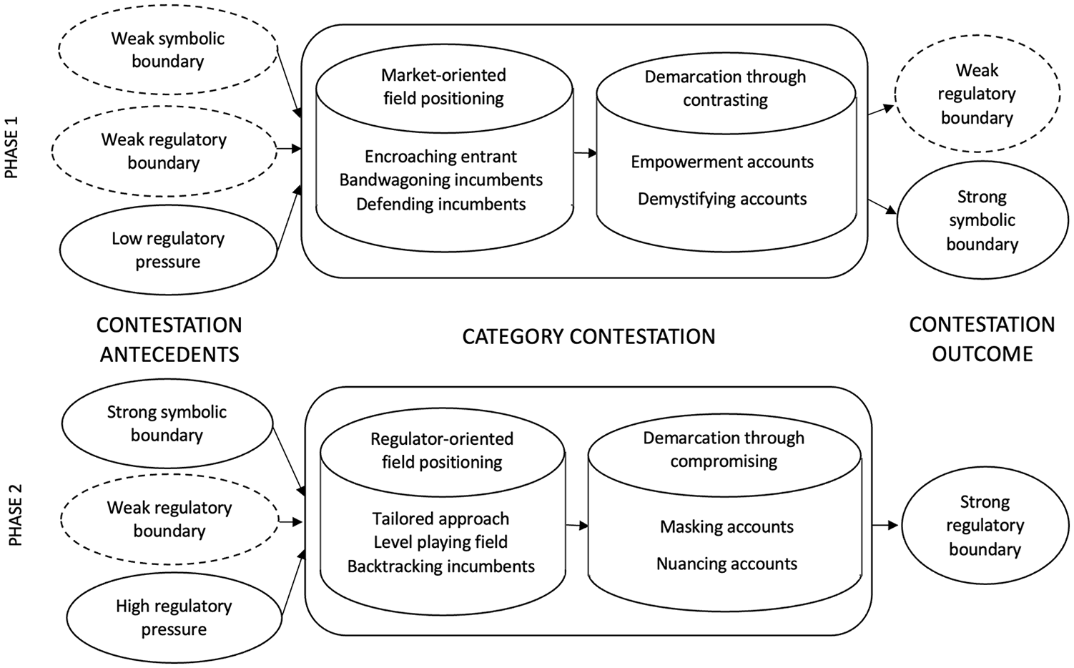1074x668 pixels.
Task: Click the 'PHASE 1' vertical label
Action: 11,148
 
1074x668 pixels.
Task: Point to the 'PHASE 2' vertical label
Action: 15,515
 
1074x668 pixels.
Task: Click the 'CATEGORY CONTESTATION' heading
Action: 588,337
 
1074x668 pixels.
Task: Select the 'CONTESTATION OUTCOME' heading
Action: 982,340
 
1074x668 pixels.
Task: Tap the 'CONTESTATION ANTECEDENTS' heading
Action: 169,340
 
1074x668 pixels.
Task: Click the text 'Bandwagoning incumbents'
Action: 441,180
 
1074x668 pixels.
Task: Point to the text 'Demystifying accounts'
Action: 722,199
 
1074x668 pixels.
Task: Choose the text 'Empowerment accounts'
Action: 722,162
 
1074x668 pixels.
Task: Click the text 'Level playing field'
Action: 440,542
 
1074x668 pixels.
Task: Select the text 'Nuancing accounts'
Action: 727,564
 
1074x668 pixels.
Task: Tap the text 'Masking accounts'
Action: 727,527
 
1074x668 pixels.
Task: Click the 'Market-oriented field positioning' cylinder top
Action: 444,88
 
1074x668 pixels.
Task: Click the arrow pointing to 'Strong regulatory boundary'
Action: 885,526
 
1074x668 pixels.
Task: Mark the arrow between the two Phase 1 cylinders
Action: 586,153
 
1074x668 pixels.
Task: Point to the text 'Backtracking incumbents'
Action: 441,566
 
